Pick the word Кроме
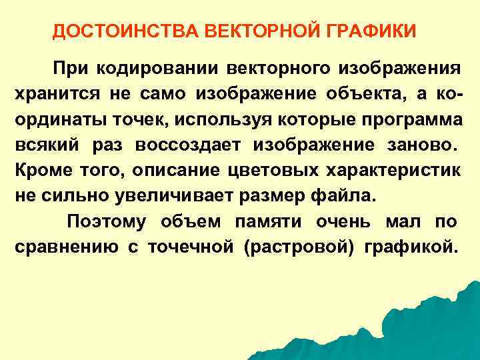click(x=39, y=171)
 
